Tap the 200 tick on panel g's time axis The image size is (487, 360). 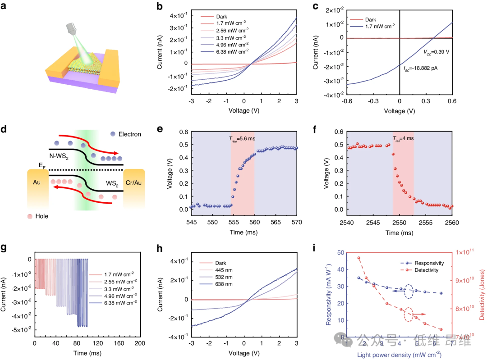click(141, 344)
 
